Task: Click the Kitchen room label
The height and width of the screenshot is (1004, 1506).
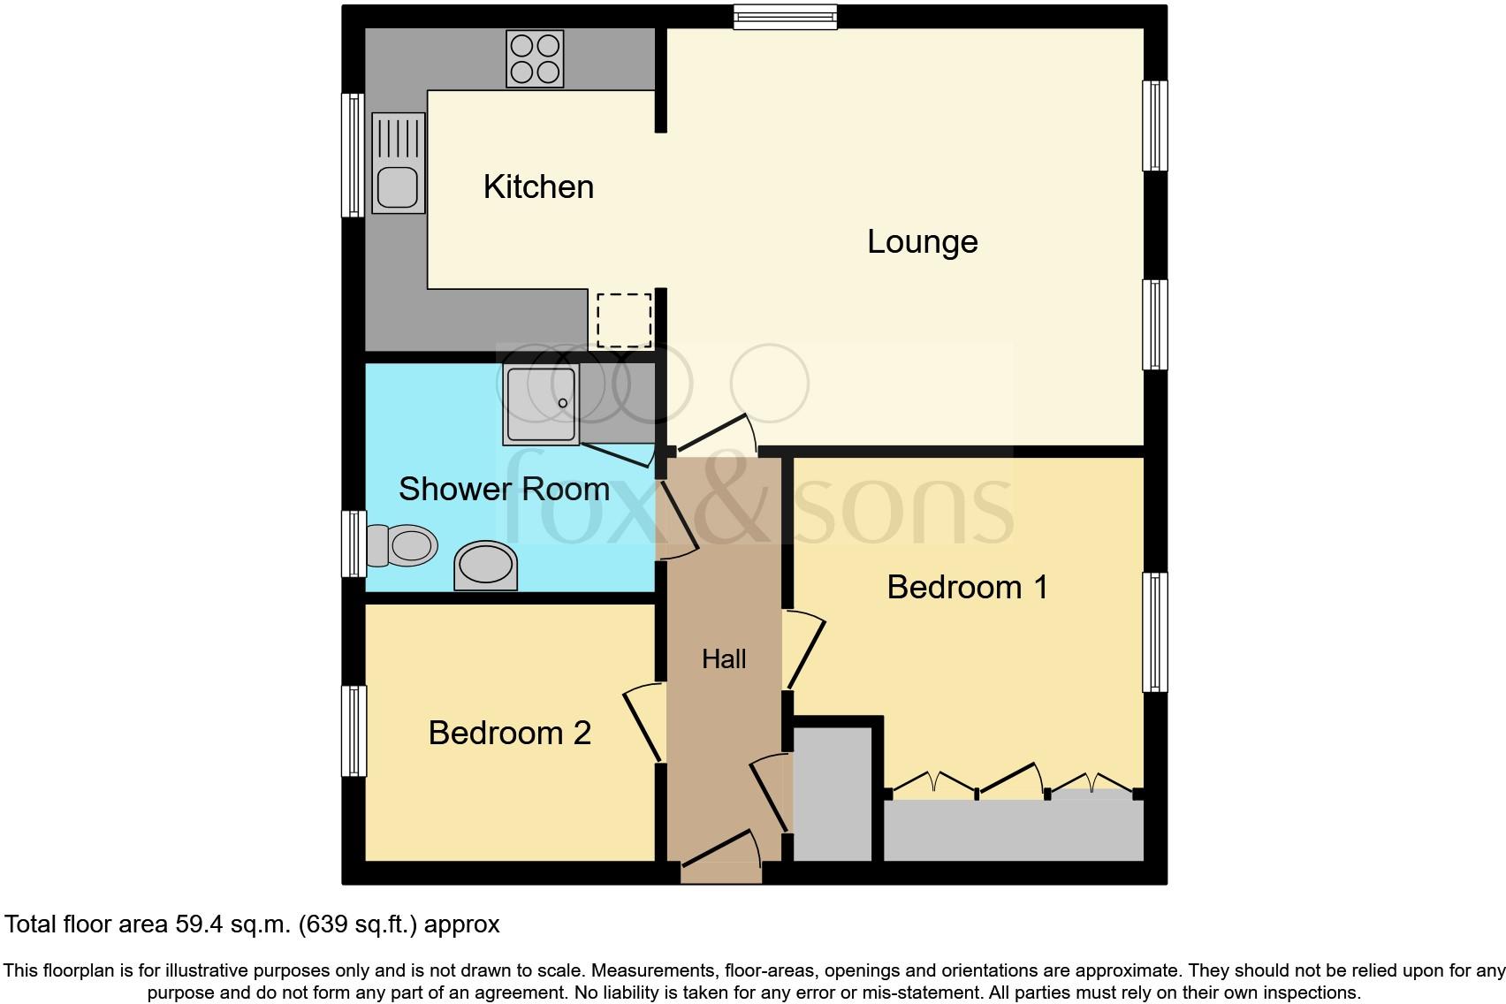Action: tap(538, 187)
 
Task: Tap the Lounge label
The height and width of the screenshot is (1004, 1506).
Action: tap(922, 242)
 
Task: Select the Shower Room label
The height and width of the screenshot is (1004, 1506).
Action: tap(504, 489)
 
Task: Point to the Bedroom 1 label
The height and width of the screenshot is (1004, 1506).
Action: tap(967, 587)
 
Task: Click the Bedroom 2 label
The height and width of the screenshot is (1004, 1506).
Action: tap(509, 733)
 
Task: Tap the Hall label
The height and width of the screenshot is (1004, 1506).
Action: tap(724, 658)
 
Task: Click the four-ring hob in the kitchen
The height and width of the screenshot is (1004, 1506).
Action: tap(535, 58)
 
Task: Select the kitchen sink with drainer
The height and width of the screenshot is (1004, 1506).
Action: tap(399, 164)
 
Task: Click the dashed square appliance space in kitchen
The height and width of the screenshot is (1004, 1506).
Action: tap(624, 320)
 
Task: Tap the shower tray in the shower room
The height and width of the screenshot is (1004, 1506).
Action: tap(541, 404)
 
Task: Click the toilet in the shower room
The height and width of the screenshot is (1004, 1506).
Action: tap(402, 545)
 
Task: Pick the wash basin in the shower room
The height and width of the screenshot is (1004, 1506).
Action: tap(485, 565)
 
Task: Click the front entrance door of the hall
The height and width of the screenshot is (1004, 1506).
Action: tap(720, 853)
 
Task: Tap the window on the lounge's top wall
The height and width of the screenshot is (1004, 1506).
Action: tap(785, 17)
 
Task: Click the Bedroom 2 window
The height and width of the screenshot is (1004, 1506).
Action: tap(354, 731)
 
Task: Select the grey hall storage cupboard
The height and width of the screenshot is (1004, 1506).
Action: tap(833, 793)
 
